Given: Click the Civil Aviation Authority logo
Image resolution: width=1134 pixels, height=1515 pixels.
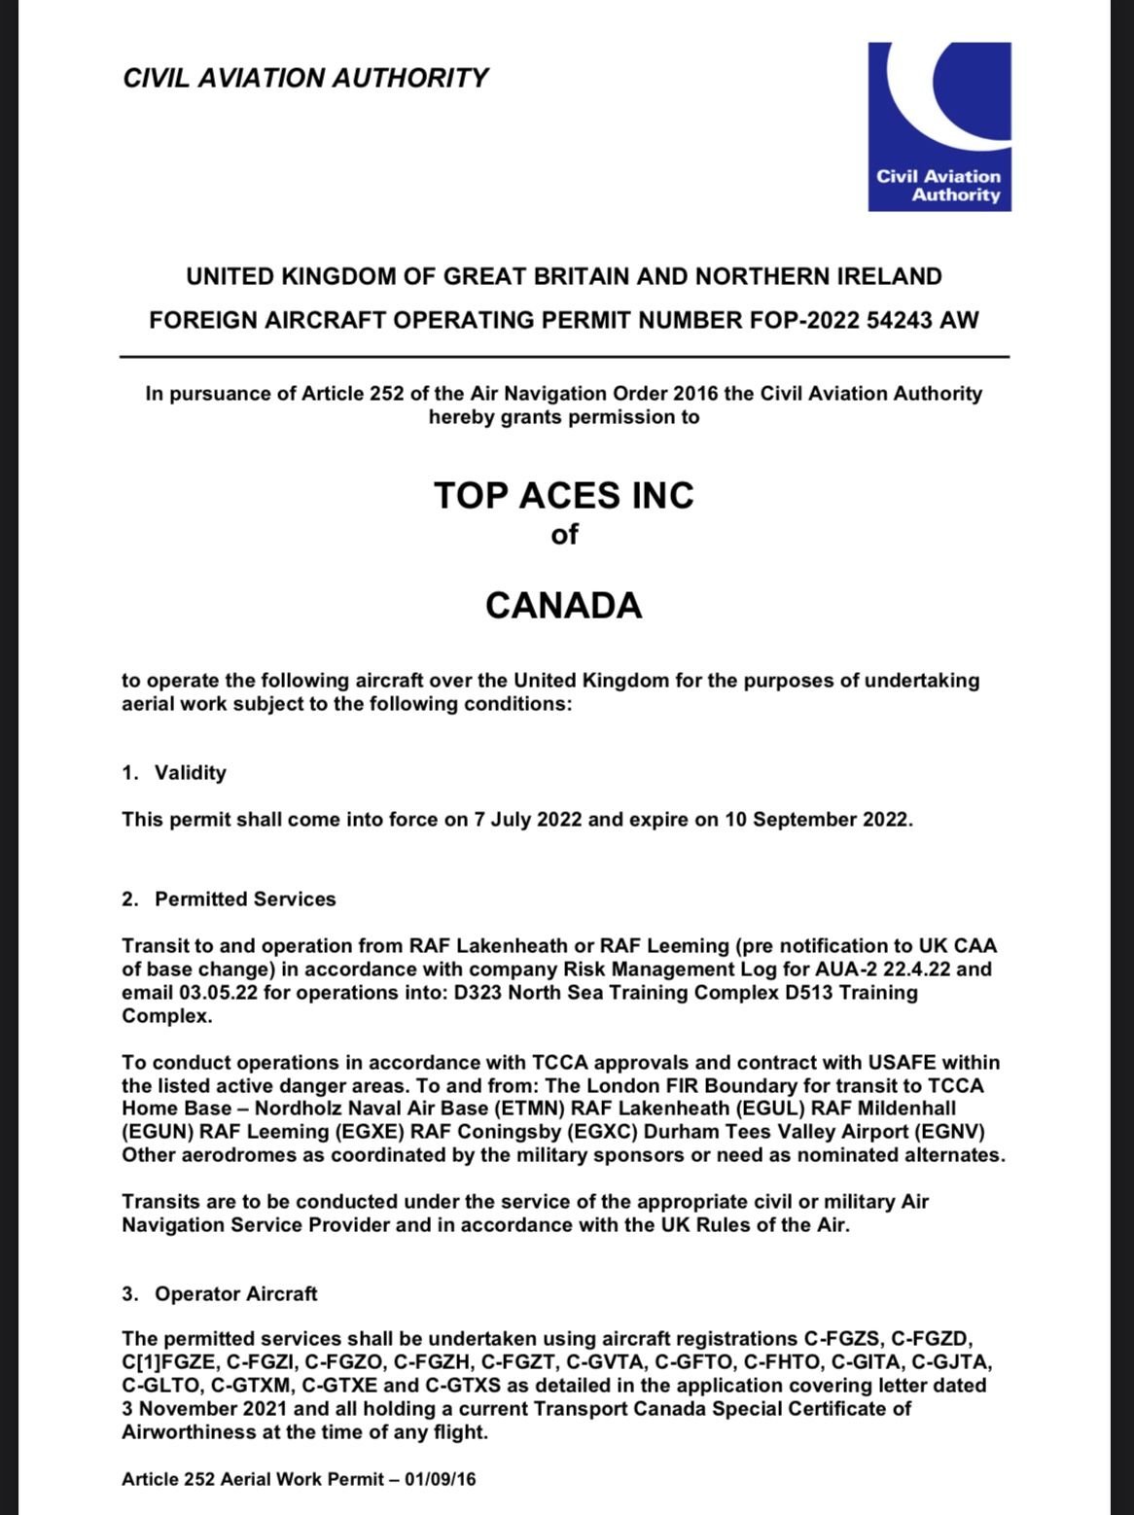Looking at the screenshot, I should coord(939,126).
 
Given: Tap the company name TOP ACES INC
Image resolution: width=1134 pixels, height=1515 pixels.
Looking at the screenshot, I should coord(564,495).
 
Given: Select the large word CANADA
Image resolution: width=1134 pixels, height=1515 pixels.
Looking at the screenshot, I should coord(564,605).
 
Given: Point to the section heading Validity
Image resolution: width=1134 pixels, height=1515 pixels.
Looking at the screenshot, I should coord(190,773).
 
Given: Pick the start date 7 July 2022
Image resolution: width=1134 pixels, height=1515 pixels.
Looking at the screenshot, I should coord(527,820).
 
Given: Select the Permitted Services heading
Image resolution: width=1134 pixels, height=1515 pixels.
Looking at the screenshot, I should coord(245,899).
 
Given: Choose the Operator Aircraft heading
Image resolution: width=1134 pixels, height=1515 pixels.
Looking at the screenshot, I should coord(235,1294).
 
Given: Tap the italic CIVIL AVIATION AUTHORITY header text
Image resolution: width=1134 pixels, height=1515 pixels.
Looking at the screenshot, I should coord(305,78).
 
